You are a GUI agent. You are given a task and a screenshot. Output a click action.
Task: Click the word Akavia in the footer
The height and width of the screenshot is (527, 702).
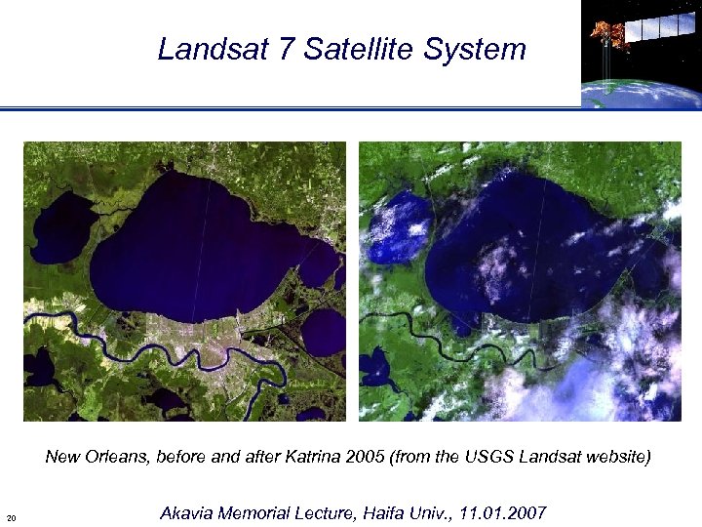point(184,513)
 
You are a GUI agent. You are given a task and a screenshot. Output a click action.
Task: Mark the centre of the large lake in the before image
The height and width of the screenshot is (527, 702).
point(195,244)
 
